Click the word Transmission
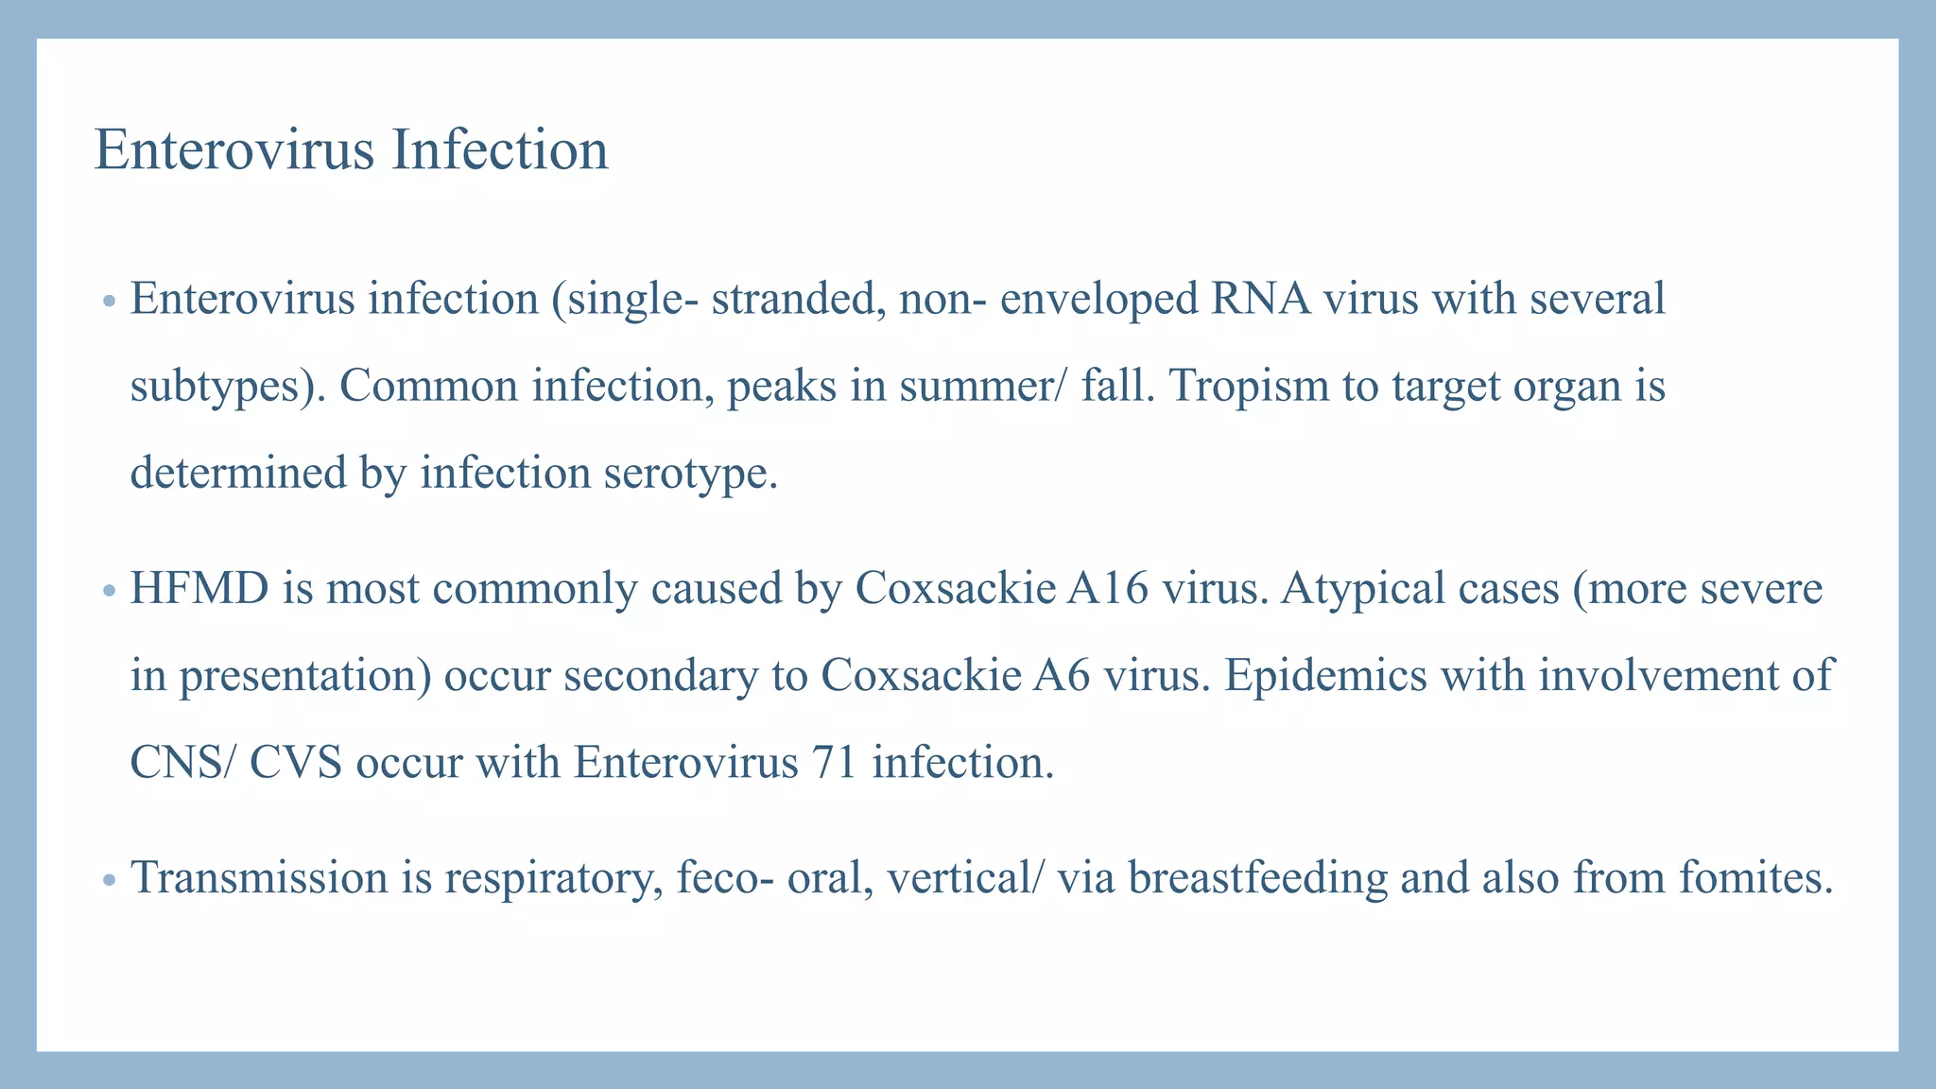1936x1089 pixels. coord(257,878)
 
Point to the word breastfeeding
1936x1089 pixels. coord(1257,878)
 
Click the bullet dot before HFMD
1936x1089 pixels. coord(109,592)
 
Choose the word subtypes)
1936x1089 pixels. coord(227,387)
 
